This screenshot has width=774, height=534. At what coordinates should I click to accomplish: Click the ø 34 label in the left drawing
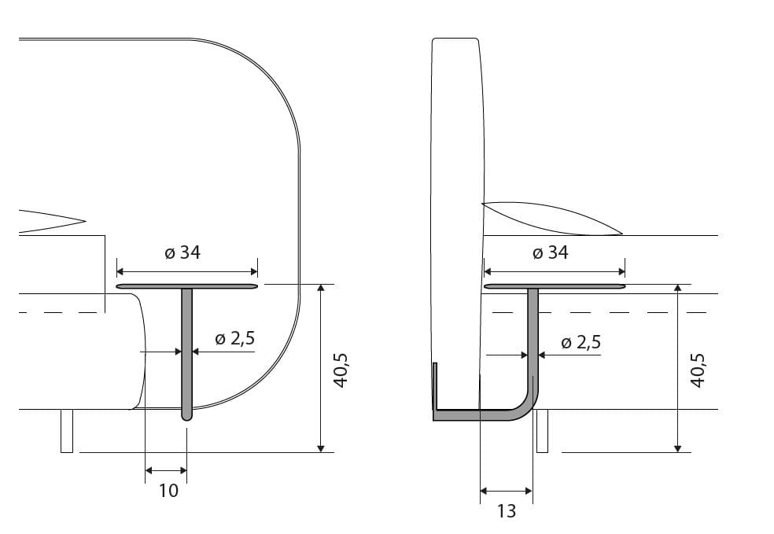pos(182,252)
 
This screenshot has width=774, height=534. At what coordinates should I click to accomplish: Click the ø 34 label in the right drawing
pos(549,252)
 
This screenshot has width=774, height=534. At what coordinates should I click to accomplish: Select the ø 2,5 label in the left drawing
pos(234,338)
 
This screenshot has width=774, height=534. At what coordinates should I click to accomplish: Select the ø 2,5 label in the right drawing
pos(581,342)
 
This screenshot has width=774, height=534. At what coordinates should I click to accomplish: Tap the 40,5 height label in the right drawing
pos(697,370)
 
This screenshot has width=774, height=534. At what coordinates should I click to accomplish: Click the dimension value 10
pos(168,491)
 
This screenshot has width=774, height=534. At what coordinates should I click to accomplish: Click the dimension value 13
pos(507,511)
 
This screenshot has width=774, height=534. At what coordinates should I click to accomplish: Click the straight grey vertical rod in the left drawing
pos(187,346)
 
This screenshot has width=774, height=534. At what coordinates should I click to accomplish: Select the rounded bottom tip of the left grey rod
pos(187,417)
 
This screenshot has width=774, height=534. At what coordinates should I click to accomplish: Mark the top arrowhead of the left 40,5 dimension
pos(320,289)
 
